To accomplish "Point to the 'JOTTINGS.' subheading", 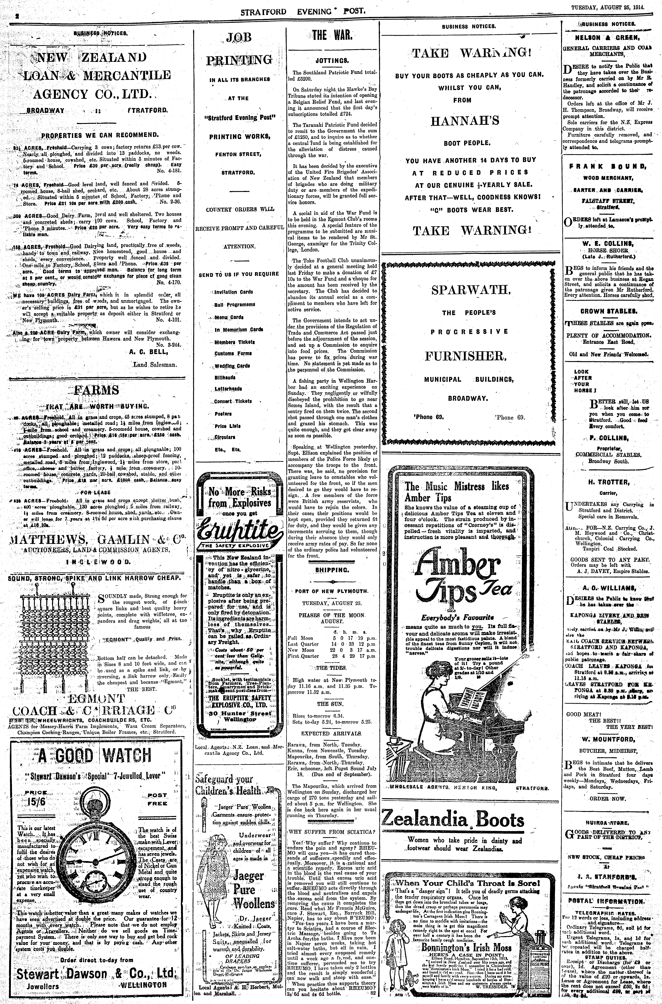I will click(332, 60).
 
